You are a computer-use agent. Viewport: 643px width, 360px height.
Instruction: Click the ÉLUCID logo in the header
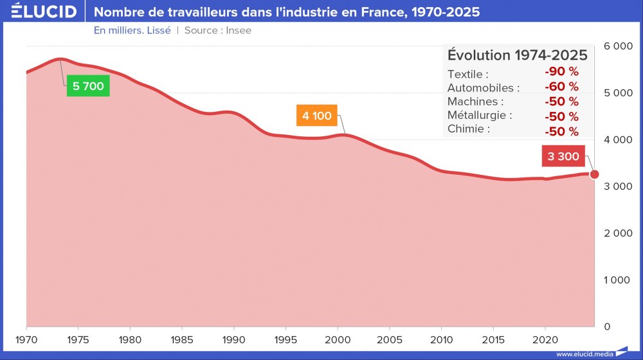tap(44, 12)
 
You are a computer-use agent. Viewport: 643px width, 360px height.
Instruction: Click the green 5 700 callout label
tap(88, 86)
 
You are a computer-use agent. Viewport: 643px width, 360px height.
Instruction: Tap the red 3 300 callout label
tap(563, 156)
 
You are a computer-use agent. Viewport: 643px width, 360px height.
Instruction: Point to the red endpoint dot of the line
tap(595, 174)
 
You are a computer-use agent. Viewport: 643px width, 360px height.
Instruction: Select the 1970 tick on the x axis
tap(26, 339)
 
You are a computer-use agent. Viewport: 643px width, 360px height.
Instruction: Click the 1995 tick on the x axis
tap(285, 339)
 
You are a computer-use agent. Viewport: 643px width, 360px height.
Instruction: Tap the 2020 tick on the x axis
tap(545, 339)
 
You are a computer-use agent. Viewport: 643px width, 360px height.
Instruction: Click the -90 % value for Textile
tap(561, 72)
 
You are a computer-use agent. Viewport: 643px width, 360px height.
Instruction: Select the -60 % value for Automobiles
tap(561, 87)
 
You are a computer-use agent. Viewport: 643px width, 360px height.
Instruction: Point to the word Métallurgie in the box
tap(479, 116)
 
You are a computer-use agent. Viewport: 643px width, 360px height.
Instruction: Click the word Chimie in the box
tap(468, 129)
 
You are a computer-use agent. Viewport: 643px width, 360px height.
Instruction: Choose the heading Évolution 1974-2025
tap(517, 55)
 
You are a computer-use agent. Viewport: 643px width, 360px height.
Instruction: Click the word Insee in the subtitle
tap(238, 30)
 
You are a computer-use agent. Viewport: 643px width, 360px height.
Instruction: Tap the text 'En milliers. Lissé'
tap(132, 30)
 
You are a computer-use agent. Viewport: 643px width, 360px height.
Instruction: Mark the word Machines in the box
tap(475, 102)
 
